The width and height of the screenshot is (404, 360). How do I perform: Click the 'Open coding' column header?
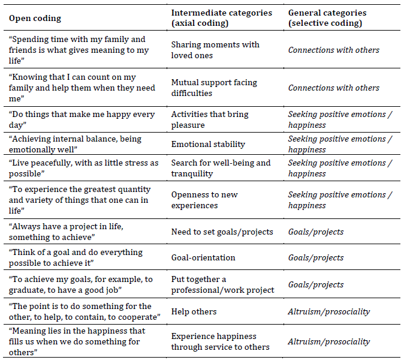(x=35, y=18)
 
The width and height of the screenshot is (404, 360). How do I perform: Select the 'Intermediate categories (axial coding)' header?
(x=221, y=18)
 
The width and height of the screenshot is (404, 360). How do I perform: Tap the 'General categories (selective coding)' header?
(x=327, y=18)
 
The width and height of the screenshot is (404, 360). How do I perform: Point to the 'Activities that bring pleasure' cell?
(x=209, y=119)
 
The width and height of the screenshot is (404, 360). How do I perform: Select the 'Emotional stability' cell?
(x=207, y=144)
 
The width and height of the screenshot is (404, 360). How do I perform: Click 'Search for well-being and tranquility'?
(x=221, y=168)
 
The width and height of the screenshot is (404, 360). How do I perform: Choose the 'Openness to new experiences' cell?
(x=204, y=200)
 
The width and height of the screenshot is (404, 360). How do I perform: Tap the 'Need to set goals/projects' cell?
(x=222, y=232)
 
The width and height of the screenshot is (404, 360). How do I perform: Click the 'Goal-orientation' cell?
(x=203, y=257)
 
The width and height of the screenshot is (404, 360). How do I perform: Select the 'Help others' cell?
(x=194, y=311)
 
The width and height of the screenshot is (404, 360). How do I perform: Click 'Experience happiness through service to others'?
(x=220, y=341)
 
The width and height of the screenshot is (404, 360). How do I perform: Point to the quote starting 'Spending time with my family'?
(x=79, y=45)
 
